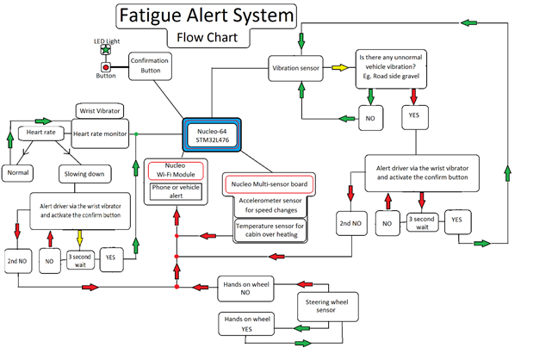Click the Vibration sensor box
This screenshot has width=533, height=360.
point(298,66)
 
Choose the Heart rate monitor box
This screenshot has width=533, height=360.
point(100,133)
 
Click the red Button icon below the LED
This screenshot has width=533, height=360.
point(106,66)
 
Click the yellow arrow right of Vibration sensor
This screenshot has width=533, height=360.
point(340,66)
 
